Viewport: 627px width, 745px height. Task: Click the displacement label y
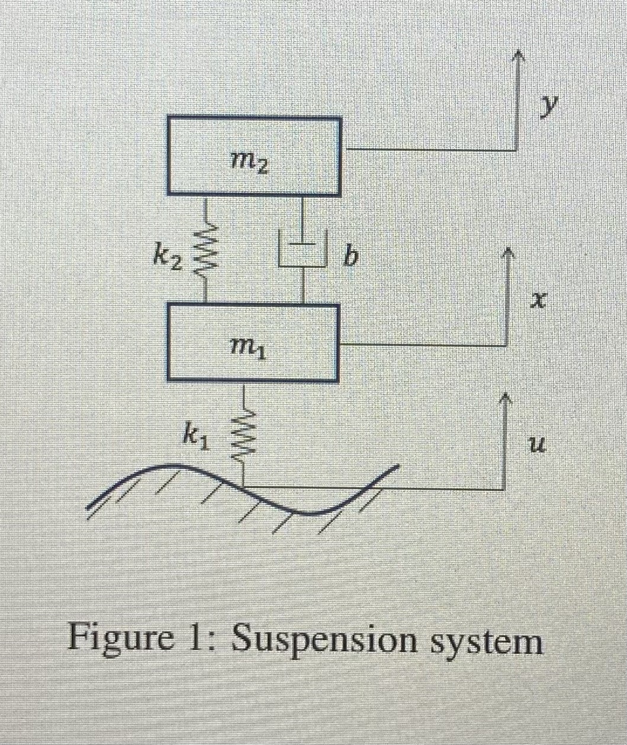[551, 105]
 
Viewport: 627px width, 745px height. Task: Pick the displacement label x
[537, 302]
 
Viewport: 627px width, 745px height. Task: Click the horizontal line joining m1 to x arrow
[423, 345]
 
